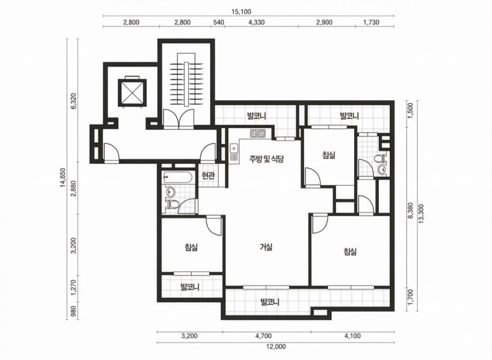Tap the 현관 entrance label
click(x=208, y=175)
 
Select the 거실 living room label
click(x=266, y=247)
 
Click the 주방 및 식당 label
click(x=266, y=159)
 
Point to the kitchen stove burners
click(x=258, y=134)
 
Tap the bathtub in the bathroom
click(x=178, y=178)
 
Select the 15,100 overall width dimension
click(x=241, y=12)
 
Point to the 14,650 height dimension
click(x=63, y=178)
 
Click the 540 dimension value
click(x=218, y=22)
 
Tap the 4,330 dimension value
click(x=256, y=22)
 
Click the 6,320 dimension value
click(x=73, y=103)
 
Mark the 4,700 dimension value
click(x=263, y=336)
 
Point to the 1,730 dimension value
click(x=371, y=22)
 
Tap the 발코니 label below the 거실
click(x=270, y=302)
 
